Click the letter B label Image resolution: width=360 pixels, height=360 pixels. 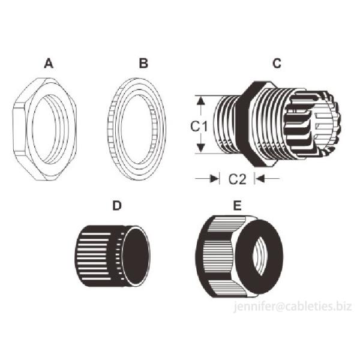tap(143, 62)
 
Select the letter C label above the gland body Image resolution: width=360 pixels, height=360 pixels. tap(277, 62)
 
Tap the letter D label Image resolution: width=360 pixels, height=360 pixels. tap(118, 205)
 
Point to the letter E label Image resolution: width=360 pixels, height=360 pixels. tap(237, 205)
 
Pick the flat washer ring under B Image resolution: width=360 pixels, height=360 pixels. tap(114, 129)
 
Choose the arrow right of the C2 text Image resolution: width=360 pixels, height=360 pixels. tap(258, 178)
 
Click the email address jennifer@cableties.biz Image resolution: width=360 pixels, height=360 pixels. tap(292, 307)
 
